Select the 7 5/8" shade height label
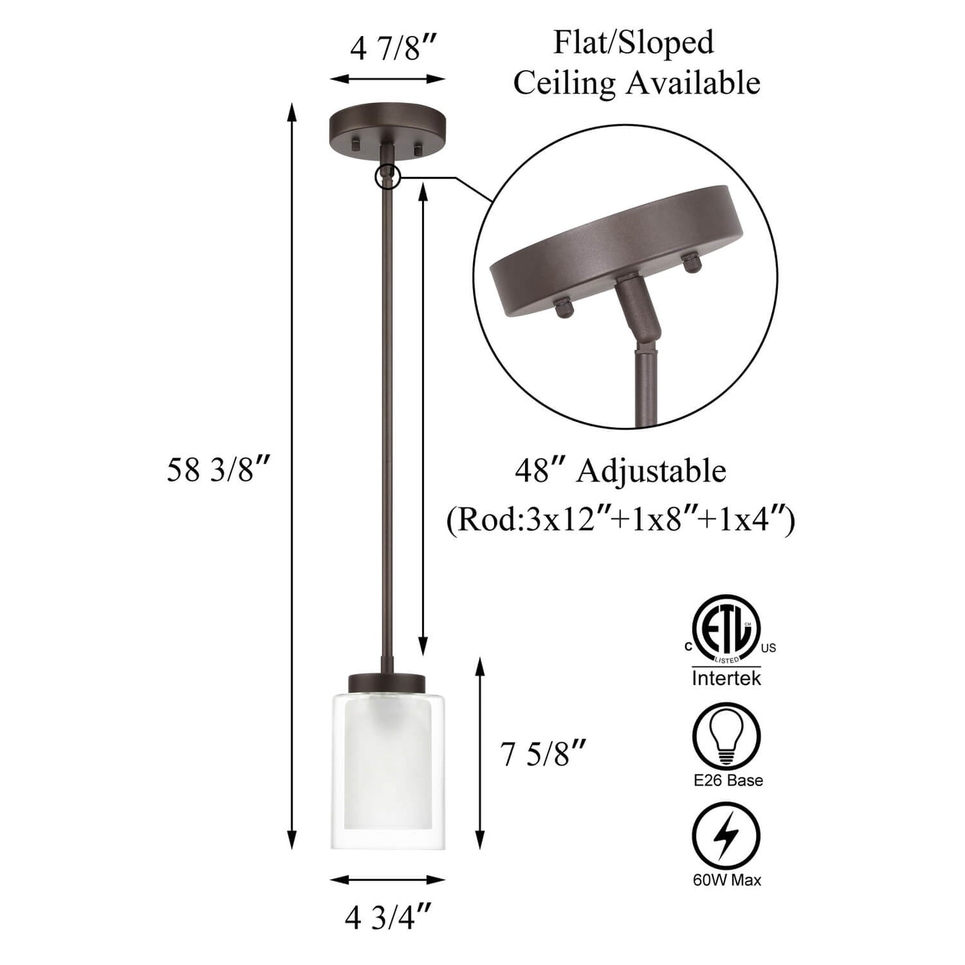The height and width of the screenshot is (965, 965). (x=542, y=753)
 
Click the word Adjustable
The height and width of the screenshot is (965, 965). (x=650, y=471)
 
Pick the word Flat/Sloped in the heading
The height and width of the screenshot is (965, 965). (x=634, y=43)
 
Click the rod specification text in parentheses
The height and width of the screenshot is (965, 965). (x=620, y=521)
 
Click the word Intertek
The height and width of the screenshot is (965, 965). (x=726, y=679)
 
